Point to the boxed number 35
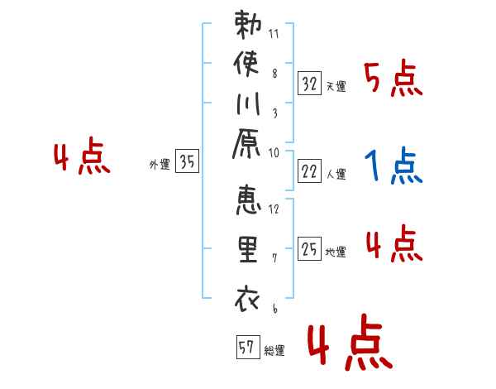tap(188, 162)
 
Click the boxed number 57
tap(246, 348)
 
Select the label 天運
tap(336, 86)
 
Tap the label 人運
tap(336, 175)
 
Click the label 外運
tap(160, 165)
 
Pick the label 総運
tap(274, 351)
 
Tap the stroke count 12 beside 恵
tap(274, 209)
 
